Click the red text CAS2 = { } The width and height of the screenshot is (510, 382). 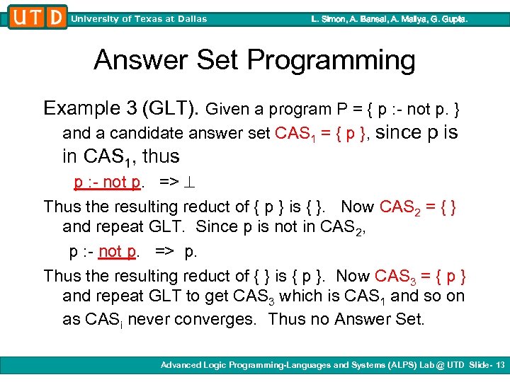click(x=418, y=207)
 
